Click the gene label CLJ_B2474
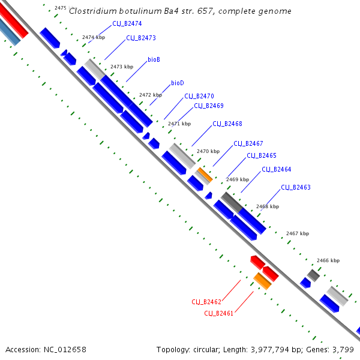click(x=127, y=24)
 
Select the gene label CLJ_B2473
click(x=141, y=38)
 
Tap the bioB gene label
click(x=154, y=60)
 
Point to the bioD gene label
click(x=177, y=83)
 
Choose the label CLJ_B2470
click(x=199, y=96)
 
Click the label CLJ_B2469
click(x=209, y=106)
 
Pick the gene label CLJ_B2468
click(x=227, y=124)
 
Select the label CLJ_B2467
click(x=248, y=143)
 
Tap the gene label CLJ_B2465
click(x=262, y=155)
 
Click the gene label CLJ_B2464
click(x=277, y=169)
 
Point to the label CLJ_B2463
click(x=296, y=187)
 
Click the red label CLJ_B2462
click(x=206, y=302)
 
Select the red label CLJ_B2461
click(x=219, y=313)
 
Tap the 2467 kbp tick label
click(x=298, y=233)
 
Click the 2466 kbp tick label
click(x=328, y=260)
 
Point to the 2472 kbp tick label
click(x=151, y=95)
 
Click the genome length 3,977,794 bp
click(x=284, y=349)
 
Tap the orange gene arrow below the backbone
click(x=262, y=281)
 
